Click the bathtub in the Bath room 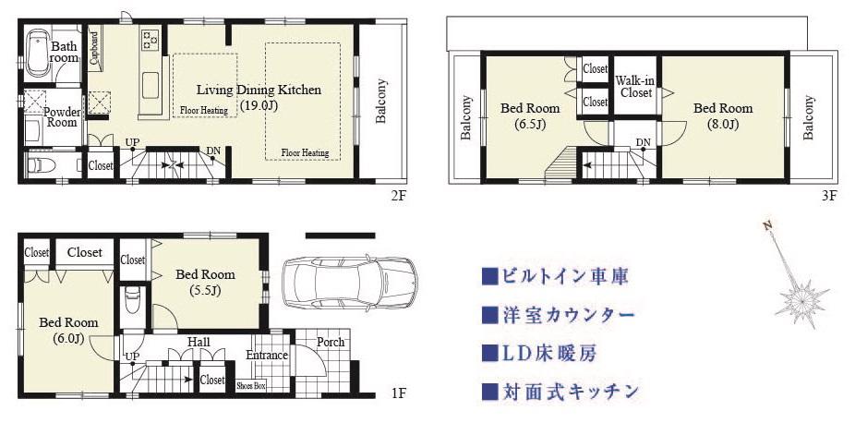[x=38, y=54]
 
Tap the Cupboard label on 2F [x=95, y=49]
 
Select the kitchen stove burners [x=150, y=37]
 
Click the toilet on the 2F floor [x=41, y=165]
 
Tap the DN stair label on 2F [x=213, y=151]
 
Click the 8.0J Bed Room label [x=723, y=116]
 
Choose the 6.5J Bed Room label [x=530, y=116]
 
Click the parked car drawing [x=350, y=283]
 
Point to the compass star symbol [x=801, y=301]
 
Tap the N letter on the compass [x=768, y=225]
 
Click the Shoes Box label [x=251, y=386]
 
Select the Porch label [x=331, y=342]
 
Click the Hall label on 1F [x=199, y=342]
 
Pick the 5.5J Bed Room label [x=205, y=282]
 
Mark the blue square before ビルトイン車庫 [x=488, y=276]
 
